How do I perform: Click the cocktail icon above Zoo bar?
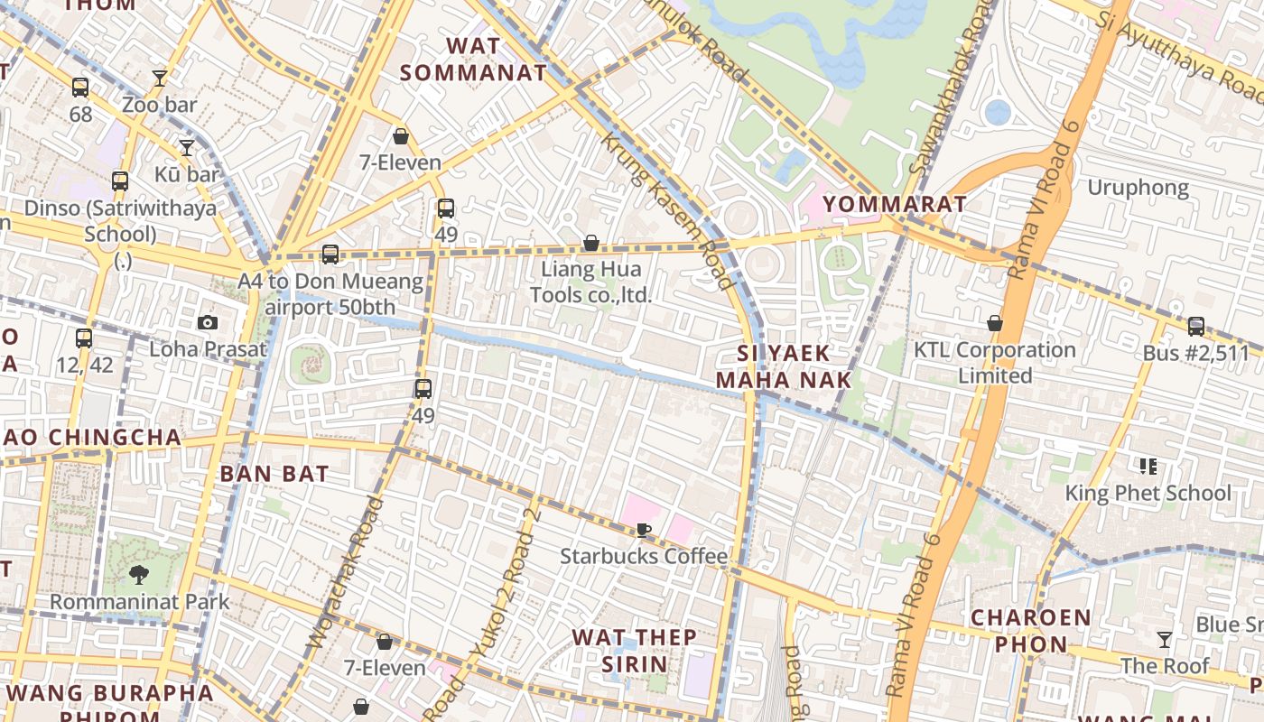click(x=160, y=79)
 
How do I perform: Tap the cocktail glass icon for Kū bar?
click(x=187, y=148)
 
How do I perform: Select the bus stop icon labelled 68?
click(x=80, y=88)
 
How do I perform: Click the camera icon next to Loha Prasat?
click(x=208, y=322)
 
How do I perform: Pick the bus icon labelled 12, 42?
click(x=84, y=338)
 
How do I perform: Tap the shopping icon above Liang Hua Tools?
click(x=591, y=243)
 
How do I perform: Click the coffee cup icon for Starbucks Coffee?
click(x=643, y=530)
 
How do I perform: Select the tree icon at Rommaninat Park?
click(x=139, y=574)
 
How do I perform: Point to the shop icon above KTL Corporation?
click(x=995, y=323)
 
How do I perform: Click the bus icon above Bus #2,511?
click(x=1196, y=327)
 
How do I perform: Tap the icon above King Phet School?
click(x=1148, y=467)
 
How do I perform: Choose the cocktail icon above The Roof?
click(x=1165, y=640)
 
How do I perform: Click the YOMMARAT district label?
click(x=895, y=204)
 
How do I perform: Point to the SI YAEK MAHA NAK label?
click(x=784, y=366)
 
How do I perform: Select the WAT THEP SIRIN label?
click(x=635, y=651)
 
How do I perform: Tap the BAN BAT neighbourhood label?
click(x=274, y=474)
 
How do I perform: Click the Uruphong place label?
click(x=1138, y=188)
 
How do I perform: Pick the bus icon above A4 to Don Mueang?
click(x=330, y=255)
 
